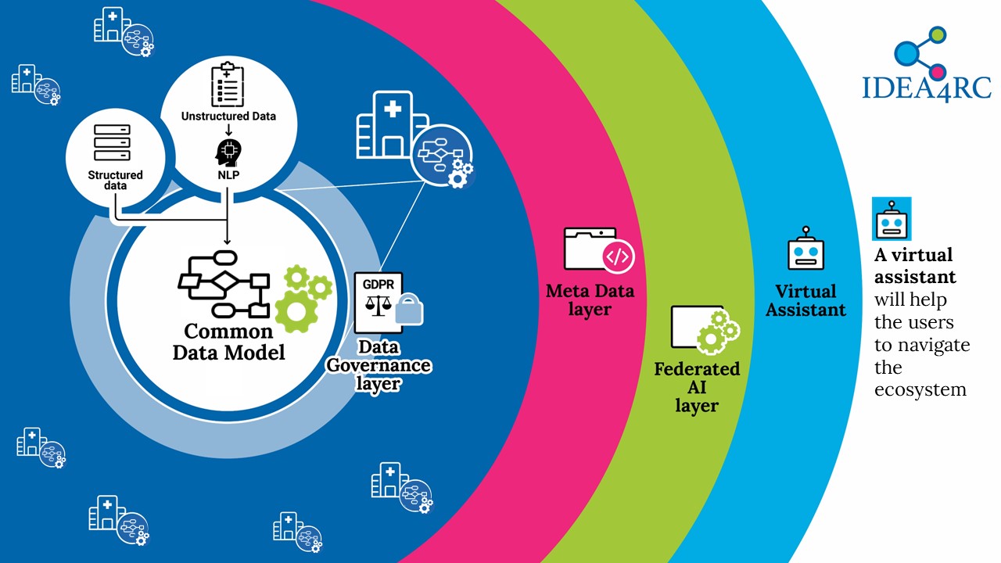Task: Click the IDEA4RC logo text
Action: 927,88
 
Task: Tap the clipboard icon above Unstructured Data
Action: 228,85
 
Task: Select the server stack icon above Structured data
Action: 112,142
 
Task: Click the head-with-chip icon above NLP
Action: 228,152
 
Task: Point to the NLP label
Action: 228,174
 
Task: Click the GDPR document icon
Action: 378,303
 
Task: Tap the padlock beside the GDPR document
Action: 409,309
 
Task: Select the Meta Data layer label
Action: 590,300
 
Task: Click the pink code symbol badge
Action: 619,256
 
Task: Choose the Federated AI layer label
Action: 697,387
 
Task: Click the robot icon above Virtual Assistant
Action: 805,249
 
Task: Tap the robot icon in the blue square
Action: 892,219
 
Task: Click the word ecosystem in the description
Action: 920,389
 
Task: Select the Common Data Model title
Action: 229,342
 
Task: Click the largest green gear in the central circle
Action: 296,312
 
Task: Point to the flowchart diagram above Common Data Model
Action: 224,284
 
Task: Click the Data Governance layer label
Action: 379,365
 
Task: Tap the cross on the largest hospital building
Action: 393,109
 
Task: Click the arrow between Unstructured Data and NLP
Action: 228,130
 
